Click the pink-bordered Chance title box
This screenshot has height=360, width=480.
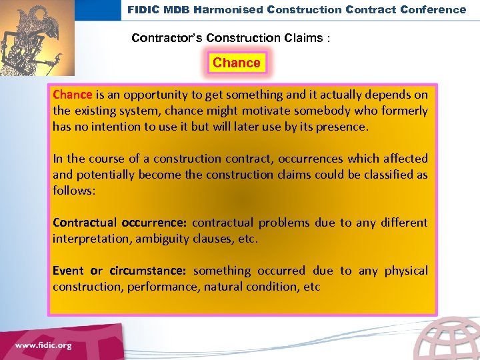[236, 63]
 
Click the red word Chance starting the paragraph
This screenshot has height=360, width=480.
[72, 95]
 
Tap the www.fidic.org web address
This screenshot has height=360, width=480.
[43, 345]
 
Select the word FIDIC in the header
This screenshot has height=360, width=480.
[143, 9]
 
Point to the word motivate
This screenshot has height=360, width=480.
[267, 111]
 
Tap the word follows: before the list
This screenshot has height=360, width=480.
[74, 191]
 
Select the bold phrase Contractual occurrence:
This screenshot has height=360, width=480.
[120, 223]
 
